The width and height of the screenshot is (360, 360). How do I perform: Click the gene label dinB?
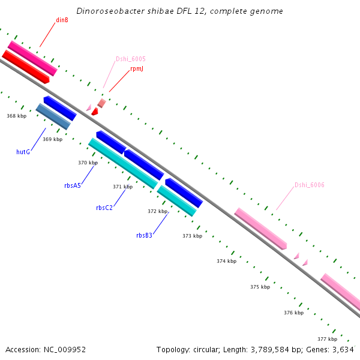(62, 20)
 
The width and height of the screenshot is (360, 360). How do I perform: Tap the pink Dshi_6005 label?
(130, 59)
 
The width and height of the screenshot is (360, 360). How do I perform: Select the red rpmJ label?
(137, 69)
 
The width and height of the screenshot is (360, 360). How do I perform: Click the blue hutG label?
(23, 152)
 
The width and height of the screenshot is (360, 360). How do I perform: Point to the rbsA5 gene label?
(73, 185)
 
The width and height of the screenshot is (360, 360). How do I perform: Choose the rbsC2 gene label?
(104, 208)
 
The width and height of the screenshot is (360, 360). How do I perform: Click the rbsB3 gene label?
(144, 235)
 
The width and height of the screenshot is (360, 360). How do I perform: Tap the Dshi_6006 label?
(309, 185)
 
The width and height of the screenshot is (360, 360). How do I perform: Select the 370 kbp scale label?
(88, 163)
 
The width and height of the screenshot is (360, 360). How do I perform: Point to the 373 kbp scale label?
(192, 236)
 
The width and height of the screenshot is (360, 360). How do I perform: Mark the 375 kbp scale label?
(260, 287)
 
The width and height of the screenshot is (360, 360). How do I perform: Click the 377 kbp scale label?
(327, 339)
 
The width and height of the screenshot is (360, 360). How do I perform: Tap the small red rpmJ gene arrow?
(94, 112)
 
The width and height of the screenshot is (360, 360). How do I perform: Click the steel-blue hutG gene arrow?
(53, 116)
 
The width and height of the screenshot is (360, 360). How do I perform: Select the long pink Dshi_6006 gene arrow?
(260, 229)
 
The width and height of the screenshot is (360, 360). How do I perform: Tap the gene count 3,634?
(343, 349)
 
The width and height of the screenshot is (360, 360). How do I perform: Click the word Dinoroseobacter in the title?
(106, 11)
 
